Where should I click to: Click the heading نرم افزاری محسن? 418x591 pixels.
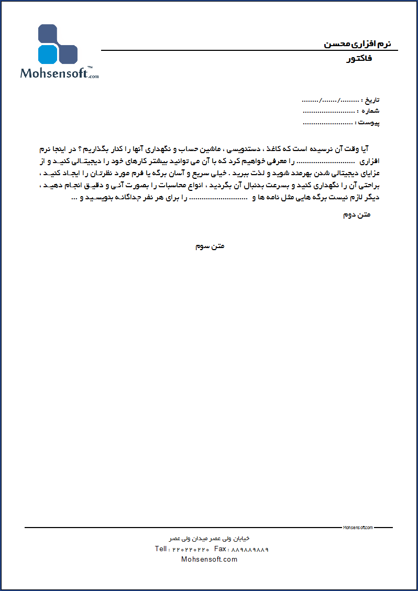(358, 44)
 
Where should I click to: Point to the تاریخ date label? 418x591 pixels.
(370, 100)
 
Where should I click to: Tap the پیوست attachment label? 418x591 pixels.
(369, 123)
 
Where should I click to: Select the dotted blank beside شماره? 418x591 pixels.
(328, 111)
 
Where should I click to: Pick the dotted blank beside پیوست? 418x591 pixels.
(327, 123)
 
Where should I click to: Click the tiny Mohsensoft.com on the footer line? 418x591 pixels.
(358, 528)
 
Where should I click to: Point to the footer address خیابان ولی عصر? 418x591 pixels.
(210, 539)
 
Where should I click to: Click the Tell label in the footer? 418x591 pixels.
(162, 549)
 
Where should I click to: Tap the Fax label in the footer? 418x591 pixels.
(221, 549)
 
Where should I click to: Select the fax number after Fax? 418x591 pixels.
(250, 550)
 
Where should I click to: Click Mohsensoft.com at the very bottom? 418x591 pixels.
(209, 559)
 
